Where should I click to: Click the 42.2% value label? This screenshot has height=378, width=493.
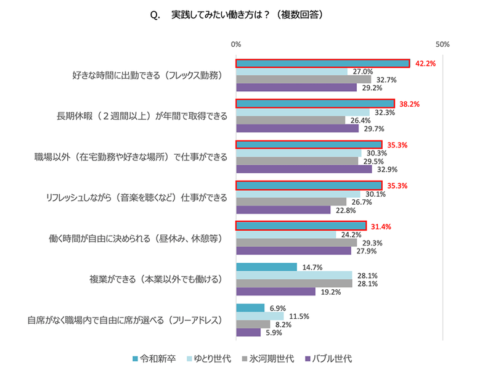coord(426,63)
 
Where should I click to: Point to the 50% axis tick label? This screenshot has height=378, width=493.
coord(442,44)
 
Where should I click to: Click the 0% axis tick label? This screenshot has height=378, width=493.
coord(236,44)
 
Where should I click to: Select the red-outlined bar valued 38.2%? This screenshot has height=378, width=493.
coord(315,104)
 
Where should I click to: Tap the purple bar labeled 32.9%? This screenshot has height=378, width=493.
coord(304,169)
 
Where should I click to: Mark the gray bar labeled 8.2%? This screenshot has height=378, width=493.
coord(253,324)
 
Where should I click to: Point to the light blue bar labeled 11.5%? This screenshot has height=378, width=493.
coord(259,316)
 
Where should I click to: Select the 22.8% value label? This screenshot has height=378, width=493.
coord(345,210)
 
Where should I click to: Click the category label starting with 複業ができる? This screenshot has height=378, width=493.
coord(157,279)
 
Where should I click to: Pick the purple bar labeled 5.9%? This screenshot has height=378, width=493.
coord(248,332)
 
